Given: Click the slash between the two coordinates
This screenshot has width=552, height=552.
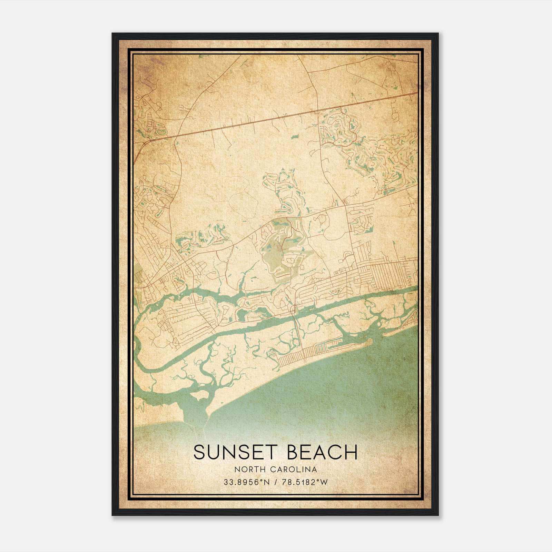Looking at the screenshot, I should tap(275, 482).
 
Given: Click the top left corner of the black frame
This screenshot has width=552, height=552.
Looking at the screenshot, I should tap(113, 34).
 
